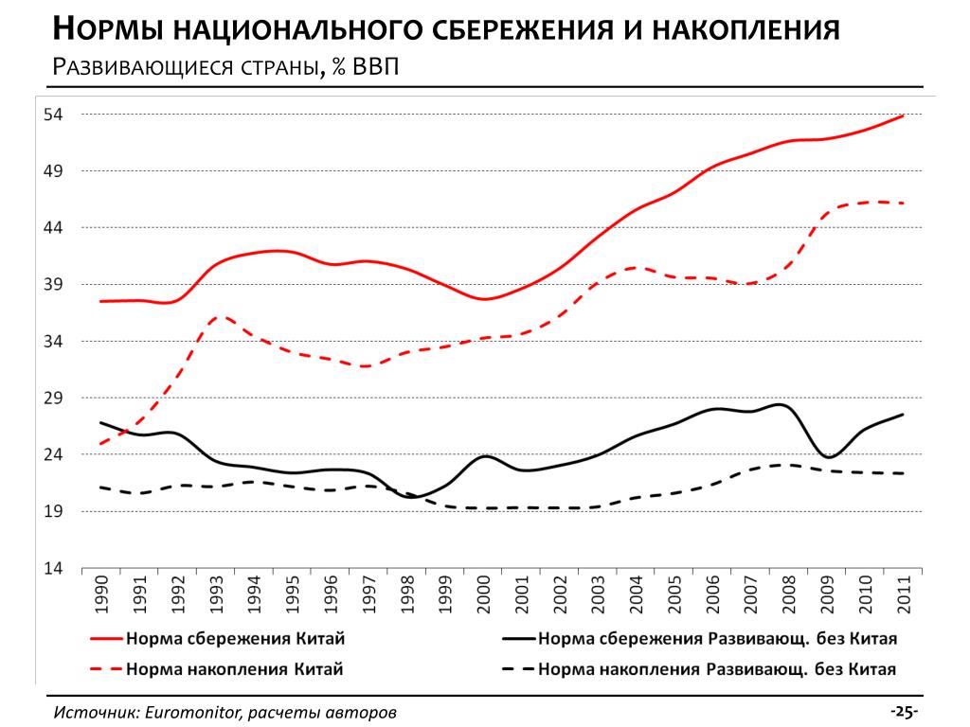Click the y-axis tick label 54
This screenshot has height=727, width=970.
(52, 115)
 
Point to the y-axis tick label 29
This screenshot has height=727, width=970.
(52, 399)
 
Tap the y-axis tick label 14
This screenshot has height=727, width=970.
(52, 569)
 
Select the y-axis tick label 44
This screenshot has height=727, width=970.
(52, 228)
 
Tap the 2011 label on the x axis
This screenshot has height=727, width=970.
(902, 594)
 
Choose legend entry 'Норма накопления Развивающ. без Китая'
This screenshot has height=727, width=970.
(716, 669)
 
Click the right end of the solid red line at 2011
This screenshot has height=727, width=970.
(903, 115)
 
